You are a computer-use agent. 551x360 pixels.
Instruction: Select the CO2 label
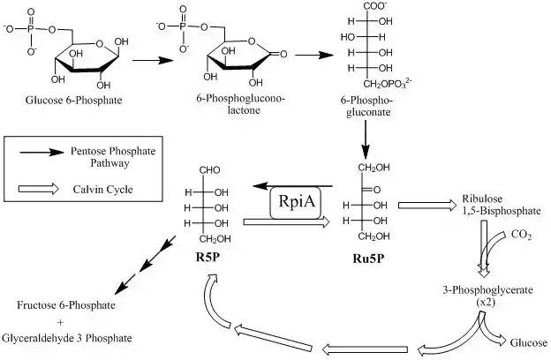pyautogui.click(x=522, y=236)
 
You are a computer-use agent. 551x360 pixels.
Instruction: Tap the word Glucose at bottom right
pyautogui.click(x=530, y=343)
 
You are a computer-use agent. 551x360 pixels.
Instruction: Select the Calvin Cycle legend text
pyautogui.click(x=97, y=188)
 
